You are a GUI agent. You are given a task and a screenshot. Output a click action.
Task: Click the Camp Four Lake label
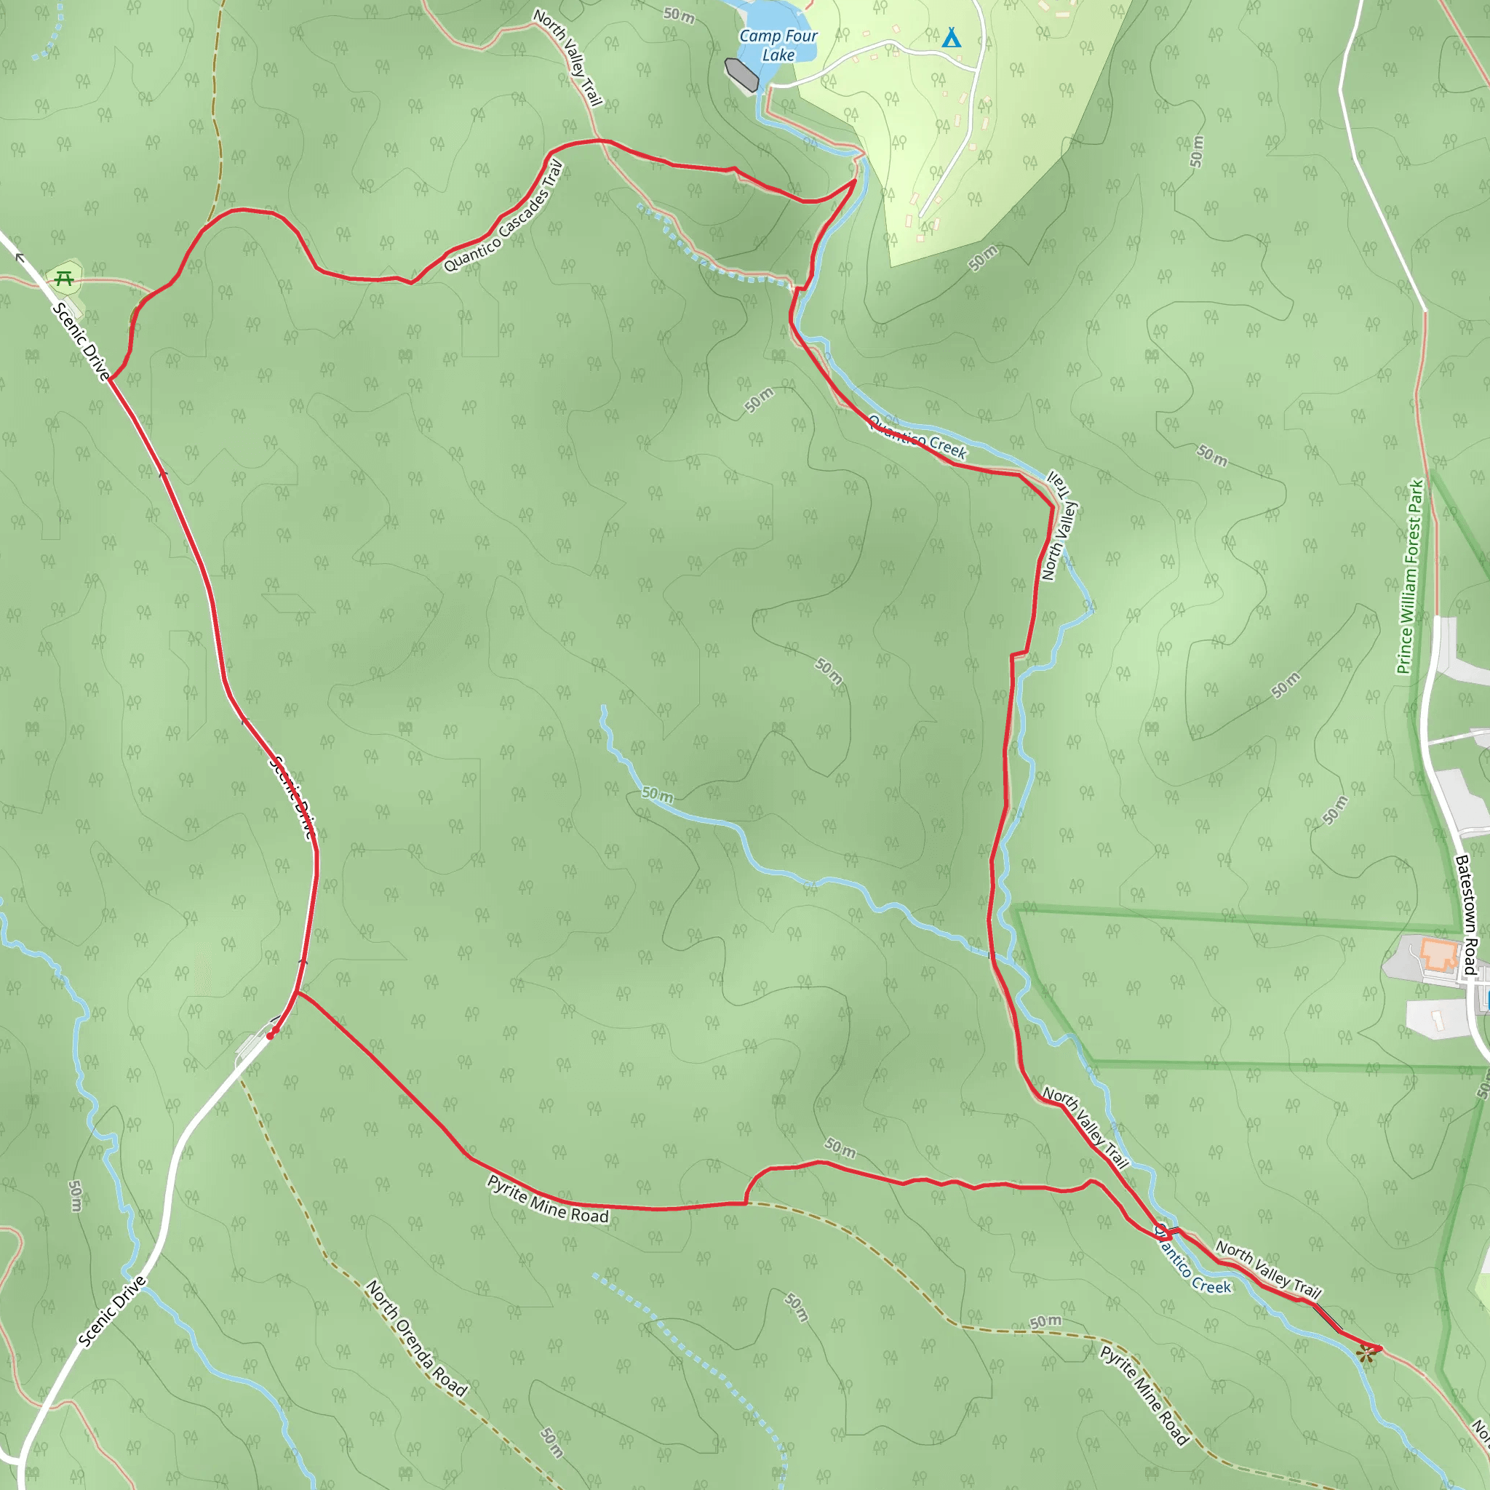(778, 46)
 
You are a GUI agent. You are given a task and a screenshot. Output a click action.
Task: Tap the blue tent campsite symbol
(952, 38)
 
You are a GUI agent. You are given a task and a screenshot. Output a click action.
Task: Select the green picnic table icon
(64, 279)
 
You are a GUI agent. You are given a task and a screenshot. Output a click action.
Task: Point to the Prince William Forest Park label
(1410, 577)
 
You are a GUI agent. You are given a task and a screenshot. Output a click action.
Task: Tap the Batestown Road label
(1466, 915)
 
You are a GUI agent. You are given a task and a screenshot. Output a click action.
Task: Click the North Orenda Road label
(416, 1339)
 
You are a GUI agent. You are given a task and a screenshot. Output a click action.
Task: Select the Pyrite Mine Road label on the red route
(548, 1199)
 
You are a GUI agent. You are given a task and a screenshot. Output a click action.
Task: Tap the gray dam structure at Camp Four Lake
(742, 74)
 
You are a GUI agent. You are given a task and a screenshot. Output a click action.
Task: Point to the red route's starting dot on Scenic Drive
(270, 1036)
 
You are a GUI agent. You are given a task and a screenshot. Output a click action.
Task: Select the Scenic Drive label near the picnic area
(81, 342)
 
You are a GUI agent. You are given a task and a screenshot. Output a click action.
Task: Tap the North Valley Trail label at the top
(567, 57)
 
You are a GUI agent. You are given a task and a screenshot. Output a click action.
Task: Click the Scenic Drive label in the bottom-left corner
(112, 1312)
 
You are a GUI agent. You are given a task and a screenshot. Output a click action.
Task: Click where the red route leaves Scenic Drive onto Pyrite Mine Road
(297, 992)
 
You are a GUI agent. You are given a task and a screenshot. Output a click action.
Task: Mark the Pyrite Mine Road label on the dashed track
(1144, 1395)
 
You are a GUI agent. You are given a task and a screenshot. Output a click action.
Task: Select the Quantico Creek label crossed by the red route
(917, 437)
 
